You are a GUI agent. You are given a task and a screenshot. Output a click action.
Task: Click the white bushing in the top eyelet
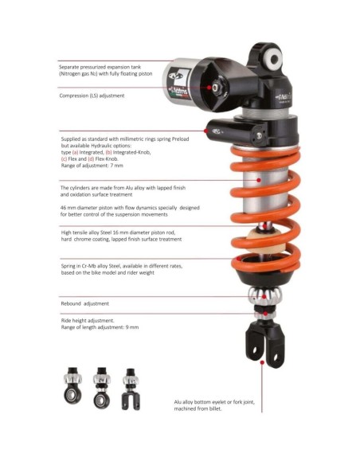[x=274, y=59]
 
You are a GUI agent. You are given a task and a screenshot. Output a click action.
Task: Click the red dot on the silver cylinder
[x=259, y=180]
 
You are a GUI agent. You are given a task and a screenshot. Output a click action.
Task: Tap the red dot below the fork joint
[x=262, y=362]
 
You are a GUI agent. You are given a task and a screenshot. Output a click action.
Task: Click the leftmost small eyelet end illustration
[x=73, y=385]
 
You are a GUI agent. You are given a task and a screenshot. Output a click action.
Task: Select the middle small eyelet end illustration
[x=102, y=388]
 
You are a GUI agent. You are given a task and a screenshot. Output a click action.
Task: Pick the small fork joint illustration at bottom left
[x=131, y=389]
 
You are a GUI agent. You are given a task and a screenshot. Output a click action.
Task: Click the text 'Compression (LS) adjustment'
[x=92, y=96]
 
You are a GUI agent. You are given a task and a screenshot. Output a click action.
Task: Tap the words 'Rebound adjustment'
[x=84, y=303]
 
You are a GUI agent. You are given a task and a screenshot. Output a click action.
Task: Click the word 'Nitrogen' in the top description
[x=71, y=74]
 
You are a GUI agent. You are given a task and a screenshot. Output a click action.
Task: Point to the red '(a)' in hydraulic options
[x=75, y=152]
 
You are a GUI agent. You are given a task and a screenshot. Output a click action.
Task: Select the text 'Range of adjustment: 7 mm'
[x=92, y=166]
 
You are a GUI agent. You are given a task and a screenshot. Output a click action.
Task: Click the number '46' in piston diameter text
[x=63, y=208]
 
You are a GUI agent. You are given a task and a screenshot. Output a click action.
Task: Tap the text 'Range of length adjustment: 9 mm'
[x=100, y=327]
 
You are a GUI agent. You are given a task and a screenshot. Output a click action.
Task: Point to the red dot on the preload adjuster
[x=205, y=131]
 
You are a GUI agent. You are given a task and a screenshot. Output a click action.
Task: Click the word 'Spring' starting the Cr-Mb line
[x=68, y=266]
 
